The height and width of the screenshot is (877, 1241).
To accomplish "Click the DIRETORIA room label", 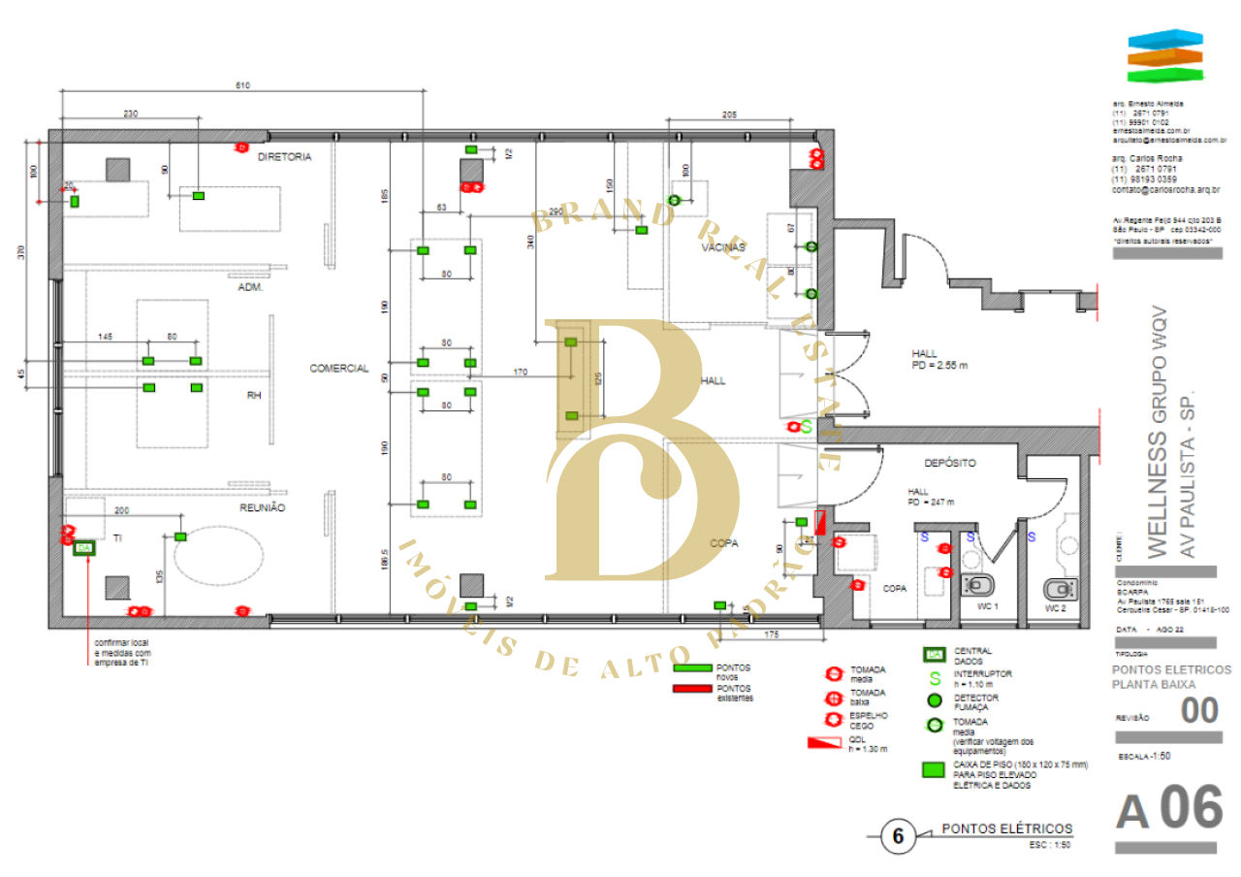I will pos(285,156).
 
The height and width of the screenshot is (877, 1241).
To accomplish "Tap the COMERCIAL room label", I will pos(339,369).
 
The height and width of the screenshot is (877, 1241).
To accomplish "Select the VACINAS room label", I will pos(722,248).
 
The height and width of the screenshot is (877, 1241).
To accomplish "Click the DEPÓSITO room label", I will pos(949,464).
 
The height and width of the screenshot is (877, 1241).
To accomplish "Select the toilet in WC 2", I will pos(1058,588).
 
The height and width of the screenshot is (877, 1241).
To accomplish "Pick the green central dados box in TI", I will pos(84,549).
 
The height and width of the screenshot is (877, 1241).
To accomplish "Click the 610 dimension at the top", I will pos(242,86).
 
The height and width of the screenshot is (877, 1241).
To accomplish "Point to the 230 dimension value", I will pos(131,114).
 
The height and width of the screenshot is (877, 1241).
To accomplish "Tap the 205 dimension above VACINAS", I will pos(729,114).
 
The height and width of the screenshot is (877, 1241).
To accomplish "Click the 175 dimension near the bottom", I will pos(773,634).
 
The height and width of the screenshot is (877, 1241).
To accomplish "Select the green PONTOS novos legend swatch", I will pos(692,668).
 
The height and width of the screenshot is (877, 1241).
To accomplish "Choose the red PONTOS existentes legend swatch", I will pos(692,690).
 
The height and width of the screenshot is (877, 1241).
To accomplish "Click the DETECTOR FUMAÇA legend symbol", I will pos(935,700).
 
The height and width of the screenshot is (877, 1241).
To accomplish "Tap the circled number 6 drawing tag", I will pos(898,836).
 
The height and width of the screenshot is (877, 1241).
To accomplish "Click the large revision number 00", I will pos(1199,711).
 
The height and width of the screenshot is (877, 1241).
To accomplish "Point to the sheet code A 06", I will pos(1167,811).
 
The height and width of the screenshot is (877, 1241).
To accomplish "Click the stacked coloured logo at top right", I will pos(1164,56).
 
